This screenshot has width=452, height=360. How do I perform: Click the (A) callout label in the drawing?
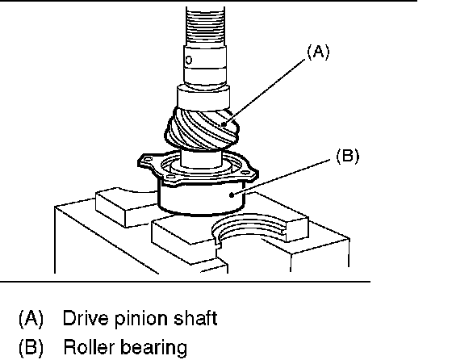pyautogui.click(x=318, y=52)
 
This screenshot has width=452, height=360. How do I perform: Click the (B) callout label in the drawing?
pyautogui.click(x=348, y=157)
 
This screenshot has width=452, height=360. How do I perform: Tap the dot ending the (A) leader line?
pyautogui.click(x=224, y=124)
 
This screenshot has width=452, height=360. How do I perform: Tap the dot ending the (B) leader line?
pyautogui.click(x=231, y=195)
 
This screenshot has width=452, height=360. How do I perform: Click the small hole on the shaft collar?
pyautogui.click(x=189, y=60)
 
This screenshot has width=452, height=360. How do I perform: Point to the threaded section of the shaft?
pyautogui.click(x=205, y=26)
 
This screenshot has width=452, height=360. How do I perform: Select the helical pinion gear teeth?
pyautogui.click(x=202, y=128)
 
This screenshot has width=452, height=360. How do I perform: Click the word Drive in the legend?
pyautogui.click(x=82, y=318)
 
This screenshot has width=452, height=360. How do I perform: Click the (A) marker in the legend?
pyautogui.click(x=31, y=319)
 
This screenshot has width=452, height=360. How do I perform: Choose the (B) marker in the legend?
pyautogui.click(x=31, y=347)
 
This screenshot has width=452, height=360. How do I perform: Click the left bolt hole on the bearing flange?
pyautogui.click(x=149, y=158)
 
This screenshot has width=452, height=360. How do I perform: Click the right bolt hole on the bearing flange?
pyautogui.click(x=245, y=173)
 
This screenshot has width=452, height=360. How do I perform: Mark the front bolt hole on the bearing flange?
pyautogui.click(x=170, y=177)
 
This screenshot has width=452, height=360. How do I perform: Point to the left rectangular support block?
pyautogui.click(x=125, y=206)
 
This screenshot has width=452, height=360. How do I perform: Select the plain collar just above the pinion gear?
pyautogui.click(x=203, y=98)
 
